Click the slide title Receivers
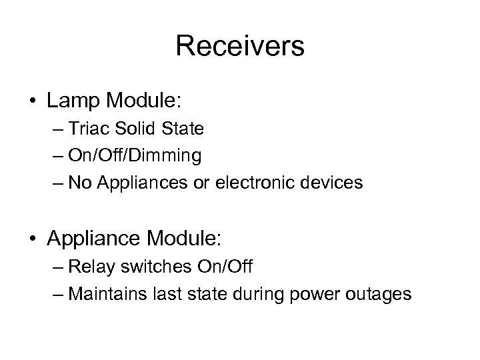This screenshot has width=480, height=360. point(240,47)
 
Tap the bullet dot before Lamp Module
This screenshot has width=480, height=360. point(34,101)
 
